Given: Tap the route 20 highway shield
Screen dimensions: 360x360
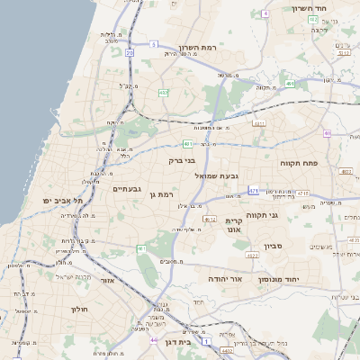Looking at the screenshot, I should tap(130, 53).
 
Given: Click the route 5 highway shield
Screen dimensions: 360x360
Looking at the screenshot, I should tap(154, 43).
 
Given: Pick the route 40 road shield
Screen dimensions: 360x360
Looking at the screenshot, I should tap(327, 134).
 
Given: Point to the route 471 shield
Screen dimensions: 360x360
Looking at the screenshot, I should tap(254, 191).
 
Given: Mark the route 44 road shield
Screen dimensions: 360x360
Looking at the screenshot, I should tap(154, 340).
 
